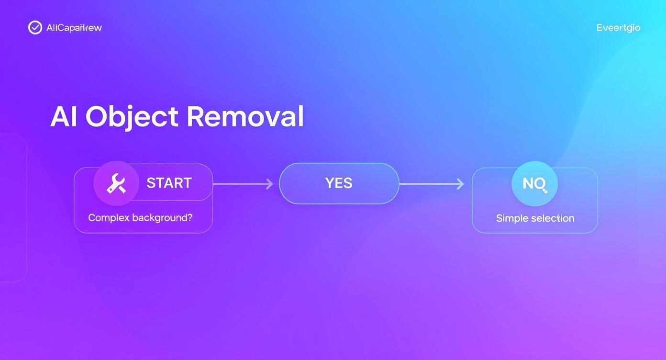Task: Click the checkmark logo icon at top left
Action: pos(35,28)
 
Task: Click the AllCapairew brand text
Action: pos(74,28)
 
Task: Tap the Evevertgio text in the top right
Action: pos(618,28)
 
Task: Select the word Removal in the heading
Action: pos(245,116)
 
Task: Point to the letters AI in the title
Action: pos(64,116)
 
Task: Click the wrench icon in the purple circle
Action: pos(116,183)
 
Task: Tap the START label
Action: pos(169,183)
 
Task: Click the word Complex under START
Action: pos(109,218)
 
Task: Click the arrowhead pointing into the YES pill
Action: pos(270,184)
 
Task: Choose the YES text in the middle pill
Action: pos(339,183)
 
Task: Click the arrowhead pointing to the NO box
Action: pos(461,184)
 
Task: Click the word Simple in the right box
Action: pos(512,218)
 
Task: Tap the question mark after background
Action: pos(189,218)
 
